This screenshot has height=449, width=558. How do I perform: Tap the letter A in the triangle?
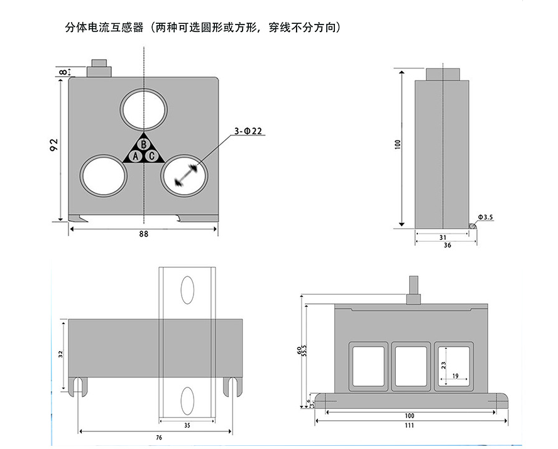click(135, 156)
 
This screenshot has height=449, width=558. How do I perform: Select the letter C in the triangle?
click(152, 156)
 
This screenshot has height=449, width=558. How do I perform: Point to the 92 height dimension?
click(54, 145)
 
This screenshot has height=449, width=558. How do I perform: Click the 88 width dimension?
click(144, 234)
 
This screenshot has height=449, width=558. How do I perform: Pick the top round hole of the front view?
click(144, 109)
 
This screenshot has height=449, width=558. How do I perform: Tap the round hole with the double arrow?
click(185, 175)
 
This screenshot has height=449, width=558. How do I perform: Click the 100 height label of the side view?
click(397, 144)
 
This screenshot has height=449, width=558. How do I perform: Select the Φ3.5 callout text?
click(486, 217)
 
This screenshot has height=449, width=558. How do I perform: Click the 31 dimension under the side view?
click(442, 237)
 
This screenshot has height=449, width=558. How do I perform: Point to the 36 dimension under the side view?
click(447, 246)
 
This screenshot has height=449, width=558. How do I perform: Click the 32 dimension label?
click(60, 355)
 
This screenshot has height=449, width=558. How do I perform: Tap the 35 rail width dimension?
click(187, 425)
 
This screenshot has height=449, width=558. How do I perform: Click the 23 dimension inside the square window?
click(444, 364)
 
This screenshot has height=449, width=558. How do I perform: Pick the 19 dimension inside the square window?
click(454, 377)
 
